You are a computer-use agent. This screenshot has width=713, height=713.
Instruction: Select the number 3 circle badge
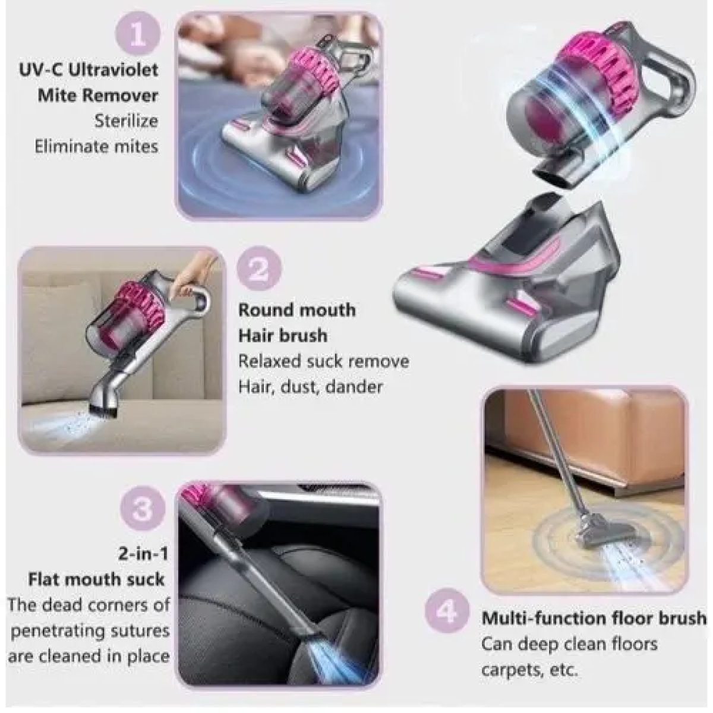click(143, 509)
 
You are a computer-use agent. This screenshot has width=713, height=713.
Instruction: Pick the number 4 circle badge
click(447, 612)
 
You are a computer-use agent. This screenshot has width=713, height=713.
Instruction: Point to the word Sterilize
click(126, 121)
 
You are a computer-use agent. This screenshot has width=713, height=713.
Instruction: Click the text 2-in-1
click(143, 554)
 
